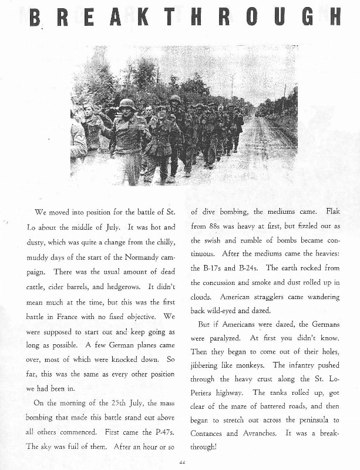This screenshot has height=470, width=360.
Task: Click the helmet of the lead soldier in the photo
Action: [127, 105]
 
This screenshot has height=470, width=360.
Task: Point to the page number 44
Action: [181, 462]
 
